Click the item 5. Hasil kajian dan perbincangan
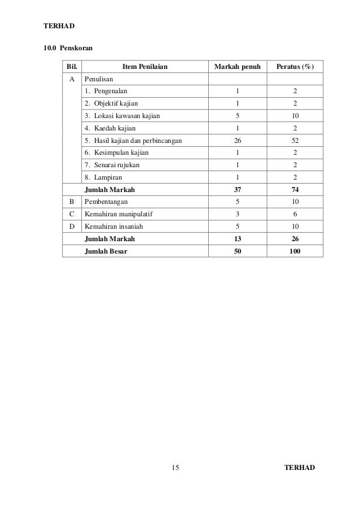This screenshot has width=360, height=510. click(133, 141)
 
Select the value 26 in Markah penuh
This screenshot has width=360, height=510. click(237, 141)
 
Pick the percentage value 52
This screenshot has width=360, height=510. click(295, 141)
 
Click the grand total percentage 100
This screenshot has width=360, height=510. click(295, 251)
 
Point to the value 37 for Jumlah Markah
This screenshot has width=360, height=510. click(237, 190)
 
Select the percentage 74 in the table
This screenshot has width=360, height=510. click(295, 190)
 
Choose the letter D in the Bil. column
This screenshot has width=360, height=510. click(72, 226)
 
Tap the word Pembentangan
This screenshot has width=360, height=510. click(106, 202)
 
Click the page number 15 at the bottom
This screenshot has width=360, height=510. click(175, 468)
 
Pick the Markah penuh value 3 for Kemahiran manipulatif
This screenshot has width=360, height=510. click(237, 214)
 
